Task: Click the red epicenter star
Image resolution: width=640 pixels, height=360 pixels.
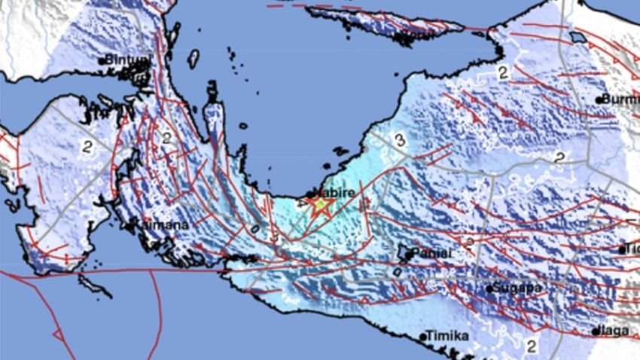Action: [321, 206]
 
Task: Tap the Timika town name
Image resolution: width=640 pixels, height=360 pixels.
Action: [447, 336]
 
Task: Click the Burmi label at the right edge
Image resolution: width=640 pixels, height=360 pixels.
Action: [621, 99]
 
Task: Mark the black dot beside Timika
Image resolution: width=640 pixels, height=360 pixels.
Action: [422, 337]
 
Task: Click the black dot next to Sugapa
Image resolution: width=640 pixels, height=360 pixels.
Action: [489, 288]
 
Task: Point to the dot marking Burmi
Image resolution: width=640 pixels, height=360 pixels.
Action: [600, 99]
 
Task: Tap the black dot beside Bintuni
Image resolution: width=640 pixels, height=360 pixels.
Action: [102, 61]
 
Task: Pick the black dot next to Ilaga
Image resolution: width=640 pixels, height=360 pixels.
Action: [594, 331]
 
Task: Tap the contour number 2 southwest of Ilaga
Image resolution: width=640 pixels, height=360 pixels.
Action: [532, 347]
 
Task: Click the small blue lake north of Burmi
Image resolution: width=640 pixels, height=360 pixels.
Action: [578, 37]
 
